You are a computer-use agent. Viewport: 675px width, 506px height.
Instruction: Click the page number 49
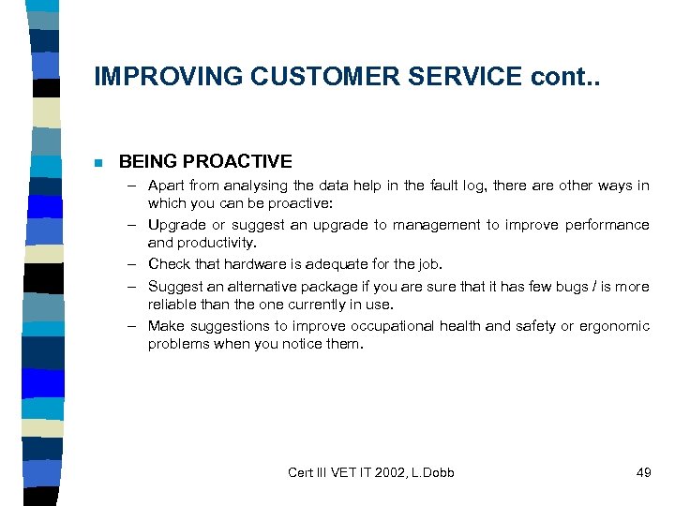pos(643,472)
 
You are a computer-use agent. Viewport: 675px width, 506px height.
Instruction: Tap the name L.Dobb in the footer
pos(429,472)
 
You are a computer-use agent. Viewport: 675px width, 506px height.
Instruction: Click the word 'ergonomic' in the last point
pos(615,326)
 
